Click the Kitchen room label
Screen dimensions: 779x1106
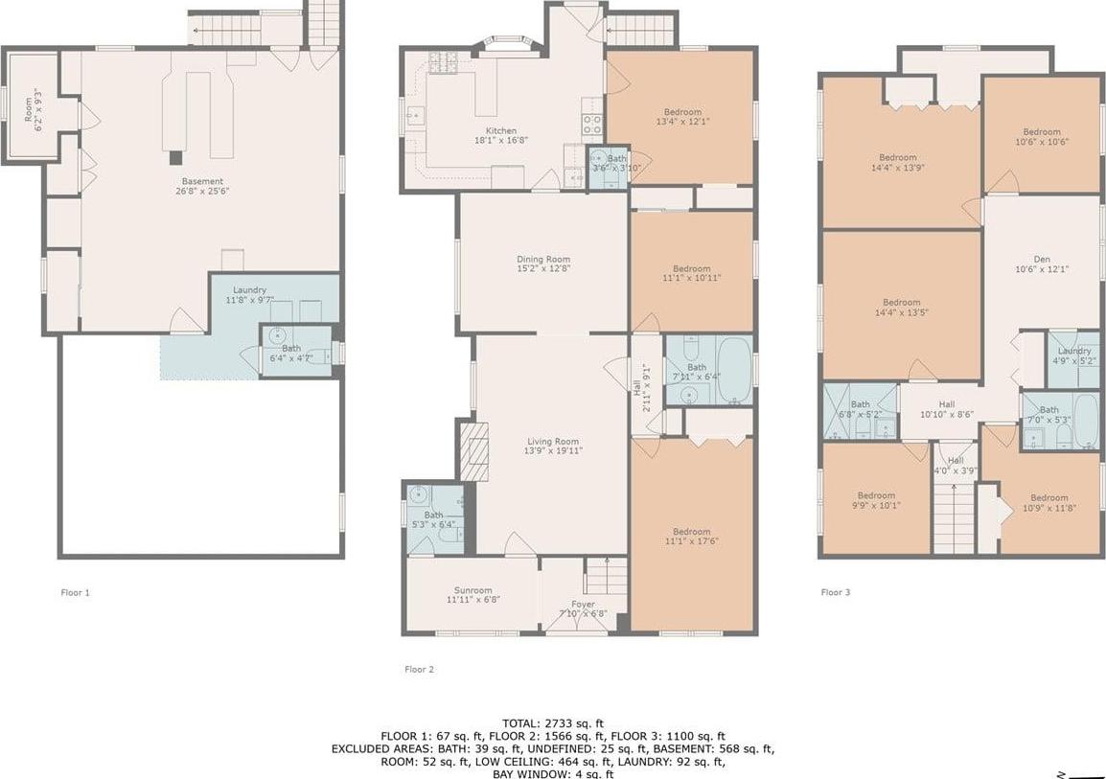[x=500, y=135]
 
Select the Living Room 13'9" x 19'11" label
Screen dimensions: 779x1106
[x=553, y=446]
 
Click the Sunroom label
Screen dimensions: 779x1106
[x=472, y=595]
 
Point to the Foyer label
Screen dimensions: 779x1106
[x=583, y=609]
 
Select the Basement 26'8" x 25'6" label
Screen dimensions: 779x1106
[x=202, y=186]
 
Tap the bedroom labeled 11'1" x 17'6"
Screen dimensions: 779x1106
[x=691, y=537]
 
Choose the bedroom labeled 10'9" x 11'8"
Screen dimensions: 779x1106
[x=1048, y=503]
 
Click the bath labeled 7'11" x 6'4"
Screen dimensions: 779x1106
[x=696, y=372]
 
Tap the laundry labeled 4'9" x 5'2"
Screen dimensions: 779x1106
[x=1073, y=356]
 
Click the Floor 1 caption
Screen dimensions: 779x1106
[x=75, y=592]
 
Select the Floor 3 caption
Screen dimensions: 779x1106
[x=835, y=592]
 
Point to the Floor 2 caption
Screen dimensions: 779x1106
[x=419, y=669]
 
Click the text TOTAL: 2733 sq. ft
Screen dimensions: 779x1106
[x=553, y=722]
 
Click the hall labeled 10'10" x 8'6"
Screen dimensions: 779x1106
[x=947, y=410]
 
